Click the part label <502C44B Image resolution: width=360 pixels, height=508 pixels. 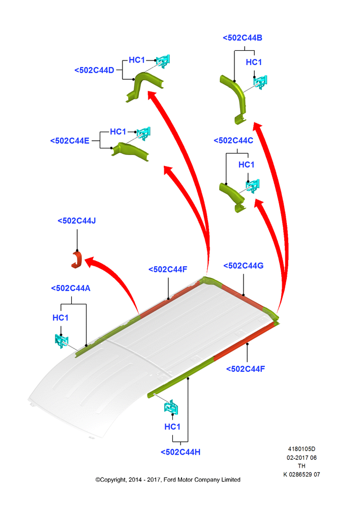(242, 38)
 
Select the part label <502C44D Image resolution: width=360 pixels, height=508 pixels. (94, 70)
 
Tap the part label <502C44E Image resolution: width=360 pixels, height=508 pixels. (70, 141)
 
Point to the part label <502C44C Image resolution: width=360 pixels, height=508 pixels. (233, 140)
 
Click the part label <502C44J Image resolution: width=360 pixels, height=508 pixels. (77, 220)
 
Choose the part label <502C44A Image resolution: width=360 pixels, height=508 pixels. (70, 288)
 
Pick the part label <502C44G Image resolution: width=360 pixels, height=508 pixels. (243, 266)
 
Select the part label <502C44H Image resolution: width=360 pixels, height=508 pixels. (181, 452)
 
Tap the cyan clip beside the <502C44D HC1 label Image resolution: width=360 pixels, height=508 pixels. (163, 61)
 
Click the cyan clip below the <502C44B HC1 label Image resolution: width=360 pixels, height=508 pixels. (260, 82)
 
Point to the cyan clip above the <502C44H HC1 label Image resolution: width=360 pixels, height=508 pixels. (171, 407)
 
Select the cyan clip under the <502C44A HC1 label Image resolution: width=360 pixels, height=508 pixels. (62, 341)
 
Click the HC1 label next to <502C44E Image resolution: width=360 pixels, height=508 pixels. (118, 132)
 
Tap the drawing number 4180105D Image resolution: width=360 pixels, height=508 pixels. (302, 449)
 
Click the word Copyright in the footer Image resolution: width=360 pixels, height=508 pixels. (112, 480)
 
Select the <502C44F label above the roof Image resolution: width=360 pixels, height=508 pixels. (168, 270)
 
